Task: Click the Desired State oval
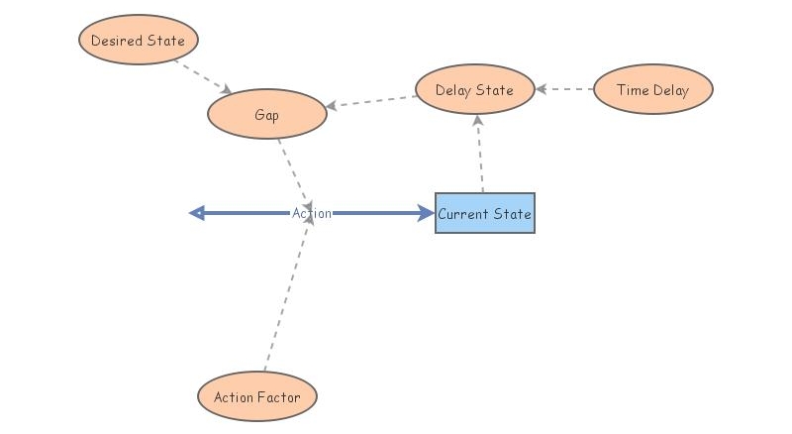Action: click(139, 41)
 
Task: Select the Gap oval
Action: click(266, 115)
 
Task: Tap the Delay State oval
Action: click(475, 90)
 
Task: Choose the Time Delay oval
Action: click(652, 90)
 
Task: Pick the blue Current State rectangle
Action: click(484, 213)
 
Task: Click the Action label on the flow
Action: click(312, 213)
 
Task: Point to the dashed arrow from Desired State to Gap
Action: click(203, 76)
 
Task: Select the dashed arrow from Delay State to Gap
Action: click(371, 102)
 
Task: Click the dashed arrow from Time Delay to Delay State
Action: click(564, 90)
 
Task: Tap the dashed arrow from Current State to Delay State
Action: click(480, 154)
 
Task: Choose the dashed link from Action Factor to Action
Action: click(287, 297)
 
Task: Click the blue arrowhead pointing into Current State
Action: click(426, 213)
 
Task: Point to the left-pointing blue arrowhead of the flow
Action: click(196, 213)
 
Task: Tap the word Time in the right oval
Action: click(633, 90)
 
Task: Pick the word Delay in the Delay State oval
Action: click(454, 90)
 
